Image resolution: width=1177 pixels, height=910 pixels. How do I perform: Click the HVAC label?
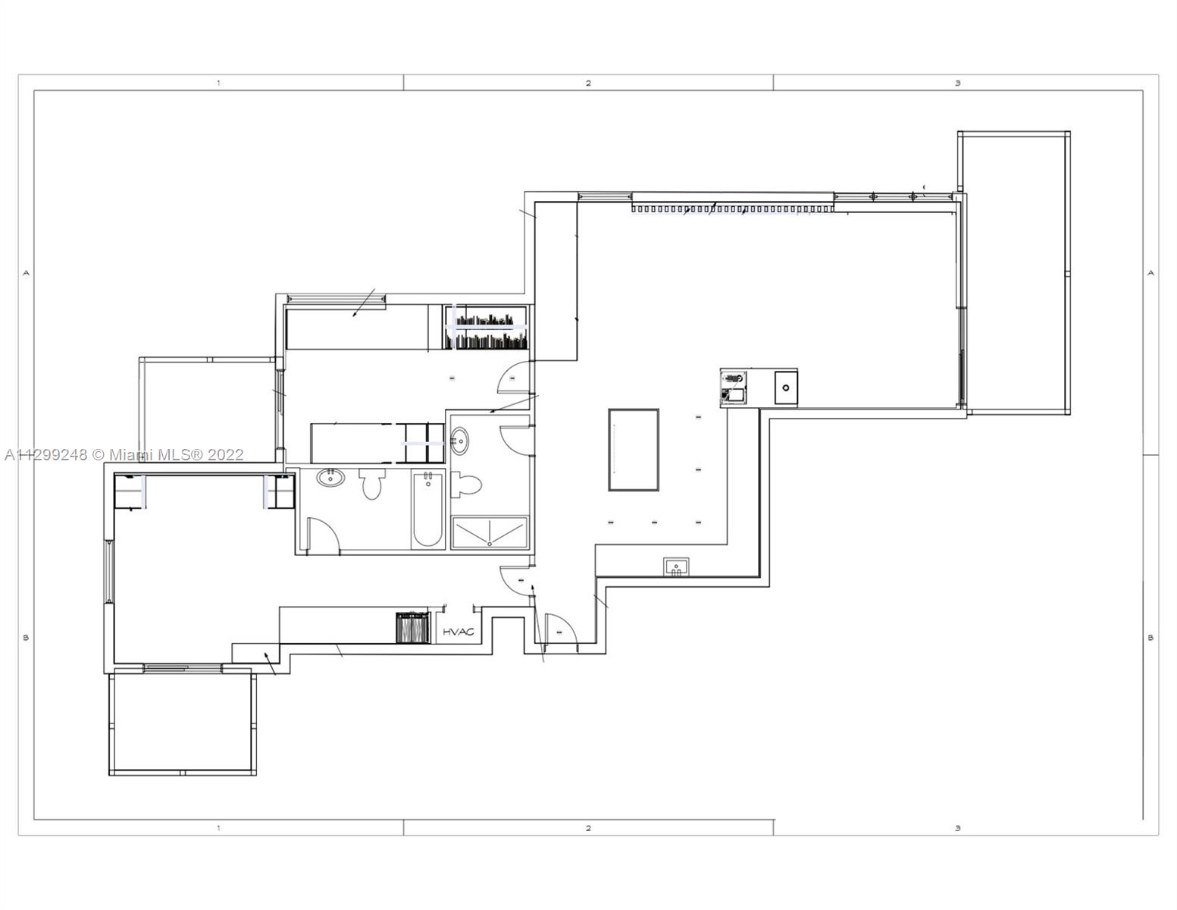click(x=459, y=632)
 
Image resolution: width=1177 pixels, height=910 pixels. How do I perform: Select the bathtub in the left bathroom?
click(x=428, y=510)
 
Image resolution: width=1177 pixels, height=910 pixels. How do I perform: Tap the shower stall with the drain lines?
click(x=490, y=532)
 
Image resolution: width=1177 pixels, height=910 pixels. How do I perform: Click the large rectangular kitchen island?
click(x=633, y=450)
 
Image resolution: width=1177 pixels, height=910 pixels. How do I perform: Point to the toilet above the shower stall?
click(x=465, y=484)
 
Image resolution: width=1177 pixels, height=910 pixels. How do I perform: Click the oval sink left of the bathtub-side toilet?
click(x=330, y=478)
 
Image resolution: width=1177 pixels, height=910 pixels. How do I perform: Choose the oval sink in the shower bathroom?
click(x=460, y=441)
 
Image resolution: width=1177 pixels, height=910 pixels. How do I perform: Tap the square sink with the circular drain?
click(x=785, y=388)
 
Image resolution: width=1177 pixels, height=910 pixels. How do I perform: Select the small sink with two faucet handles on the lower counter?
click(x=676, y=566)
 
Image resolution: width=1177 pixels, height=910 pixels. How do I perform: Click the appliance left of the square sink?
click(x=734, y=388)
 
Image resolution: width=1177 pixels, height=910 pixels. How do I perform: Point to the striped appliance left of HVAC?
click(x=413, y=628)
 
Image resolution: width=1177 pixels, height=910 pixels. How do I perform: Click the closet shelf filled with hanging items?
click(x=485, y=328)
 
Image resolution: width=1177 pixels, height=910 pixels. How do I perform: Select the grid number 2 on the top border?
click(x=588, y=83)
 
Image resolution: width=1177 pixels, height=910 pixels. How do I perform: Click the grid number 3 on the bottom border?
click(x=958, y=828)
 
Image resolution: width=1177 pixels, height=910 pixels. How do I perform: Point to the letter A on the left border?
click(x=26, y=273)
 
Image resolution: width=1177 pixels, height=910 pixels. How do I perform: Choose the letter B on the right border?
click(x=1151, y=638)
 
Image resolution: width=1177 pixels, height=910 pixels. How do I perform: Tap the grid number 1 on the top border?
click(x=218, y=83)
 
